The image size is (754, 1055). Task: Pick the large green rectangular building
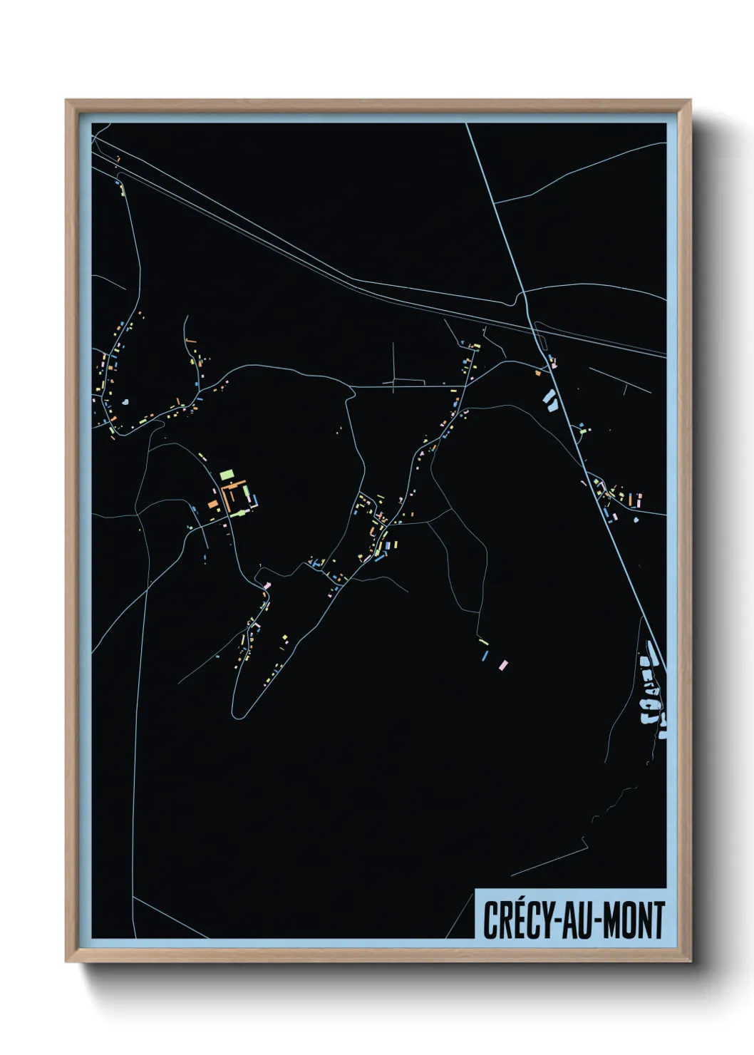[x=227, y=473]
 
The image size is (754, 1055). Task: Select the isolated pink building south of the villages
[x=504, y=665]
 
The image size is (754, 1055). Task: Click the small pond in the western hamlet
[x=126, y=402]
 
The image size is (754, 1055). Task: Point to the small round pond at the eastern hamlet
[x=636, y=519]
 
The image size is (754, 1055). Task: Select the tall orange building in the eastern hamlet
[x=631, y=500]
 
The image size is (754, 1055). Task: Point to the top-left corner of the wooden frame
[x=66, y=101]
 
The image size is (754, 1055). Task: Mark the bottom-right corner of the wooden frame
[x=690, y=961]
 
